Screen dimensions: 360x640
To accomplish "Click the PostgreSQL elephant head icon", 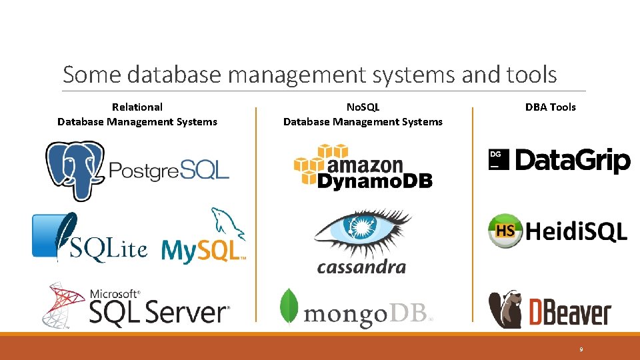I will [74, 169].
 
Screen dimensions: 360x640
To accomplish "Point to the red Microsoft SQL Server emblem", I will [63, 304].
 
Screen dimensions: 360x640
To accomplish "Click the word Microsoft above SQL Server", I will [115, 293].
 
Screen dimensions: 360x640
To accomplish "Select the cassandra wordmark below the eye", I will [361, 267].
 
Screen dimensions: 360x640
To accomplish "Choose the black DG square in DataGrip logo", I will [499, 159].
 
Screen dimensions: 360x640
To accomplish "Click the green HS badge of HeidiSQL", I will [505, 231].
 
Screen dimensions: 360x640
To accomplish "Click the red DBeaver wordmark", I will [569, 312].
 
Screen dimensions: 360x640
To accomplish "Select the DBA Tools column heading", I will [550, 107].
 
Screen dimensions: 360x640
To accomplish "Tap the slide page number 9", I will [581, 349].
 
